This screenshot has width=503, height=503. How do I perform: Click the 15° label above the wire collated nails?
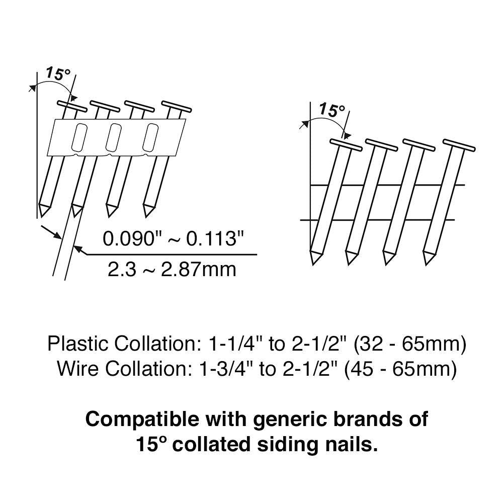[332, 110]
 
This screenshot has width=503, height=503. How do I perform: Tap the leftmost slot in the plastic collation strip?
[78, 137]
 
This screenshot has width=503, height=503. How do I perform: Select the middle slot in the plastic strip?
[114, 137]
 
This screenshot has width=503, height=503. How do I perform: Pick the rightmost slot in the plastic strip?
[149, 137]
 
